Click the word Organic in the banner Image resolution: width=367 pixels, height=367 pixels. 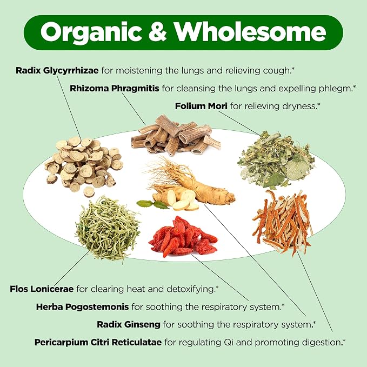pos(91,32)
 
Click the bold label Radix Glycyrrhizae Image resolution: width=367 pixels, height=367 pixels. pos(57,70)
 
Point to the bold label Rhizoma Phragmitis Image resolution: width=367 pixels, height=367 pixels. pos(115,88)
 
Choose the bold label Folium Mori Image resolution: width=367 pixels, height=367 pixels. pos(201,106)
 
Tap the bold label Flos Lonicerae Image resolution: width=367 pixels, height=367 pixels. pos(42,289)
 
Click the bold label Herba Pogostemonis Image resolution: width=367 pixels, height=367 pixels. pos(82,306)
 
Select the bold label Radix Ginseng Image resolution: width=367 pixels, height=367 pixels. pos(129,324)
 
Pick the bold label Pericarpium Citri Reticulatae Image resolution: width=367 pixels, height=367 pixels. pos(98,342)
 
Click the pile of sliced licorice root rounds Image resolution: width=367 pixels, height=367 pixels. pos(83,164)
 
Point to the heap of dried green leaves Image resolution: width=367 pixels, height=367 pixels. pos(276,159)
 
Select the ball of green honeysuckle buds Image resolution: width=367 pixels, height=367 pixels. pos(108,229)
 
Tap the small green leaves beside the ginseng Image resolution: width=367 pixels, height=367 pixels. pos(153,204)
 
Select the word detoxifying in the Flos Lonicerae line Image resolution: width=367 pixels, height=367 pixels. pos(190,289)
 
